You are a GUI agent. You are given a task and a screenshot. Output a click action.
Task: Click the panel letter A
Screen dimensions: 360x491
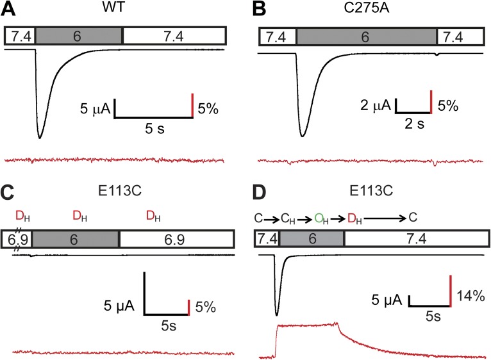(x=12, y=10)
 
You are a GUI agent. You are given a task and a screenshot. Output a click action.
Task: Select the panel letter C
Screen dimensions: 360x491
(x=12, y=192)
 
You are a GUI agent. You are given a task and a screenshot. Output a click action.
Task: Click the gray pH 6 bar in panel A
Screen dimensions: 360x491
(x=78, y=37)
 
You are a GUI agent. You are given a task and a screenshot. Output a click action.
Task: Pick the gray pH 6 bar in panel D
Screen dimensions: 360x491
(x=311, y=238)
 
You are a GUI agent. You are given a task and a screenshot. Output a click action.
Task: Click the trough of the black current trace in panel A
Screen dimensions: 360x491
(x=40, y=137)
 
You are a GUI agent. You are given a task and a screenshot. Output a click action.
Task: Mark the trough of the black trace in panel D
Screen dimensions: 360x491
(x=277, y=315)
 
